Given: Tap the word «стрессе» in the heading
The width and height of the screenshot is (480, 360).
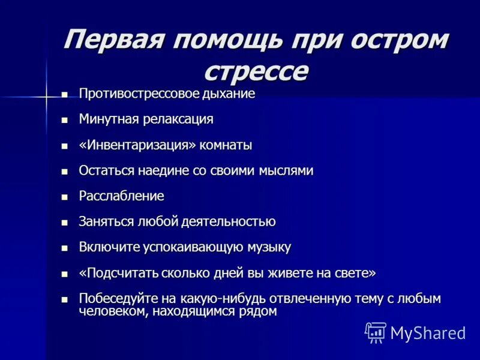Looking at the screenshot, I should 256,70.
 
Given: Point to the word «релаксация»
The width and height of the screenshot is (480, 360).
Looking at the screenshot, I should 178,119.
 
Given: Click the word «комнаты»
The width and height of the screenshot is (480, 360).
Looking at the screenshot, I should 230,145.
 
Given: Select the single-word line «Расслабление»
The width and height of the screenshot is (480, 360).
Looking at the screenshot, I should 121,196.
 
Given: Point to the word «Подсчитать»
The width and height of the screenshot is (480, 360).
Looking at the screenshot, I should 121,273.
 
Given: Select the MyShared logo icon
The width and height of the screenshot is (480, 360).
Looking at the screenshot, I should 376,332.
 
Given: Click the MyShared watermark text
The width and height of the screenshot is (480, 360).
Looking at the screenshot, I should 428,332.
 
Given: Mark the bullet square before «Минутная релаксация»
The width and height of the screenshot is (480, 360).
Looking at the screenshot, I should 65,120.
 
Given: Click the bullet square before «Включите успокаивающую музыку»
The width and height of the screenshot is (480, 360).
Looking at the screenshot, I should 65,248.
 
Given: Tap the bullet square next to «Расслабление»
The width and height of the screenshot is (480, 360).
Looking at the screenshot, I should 65,197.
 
